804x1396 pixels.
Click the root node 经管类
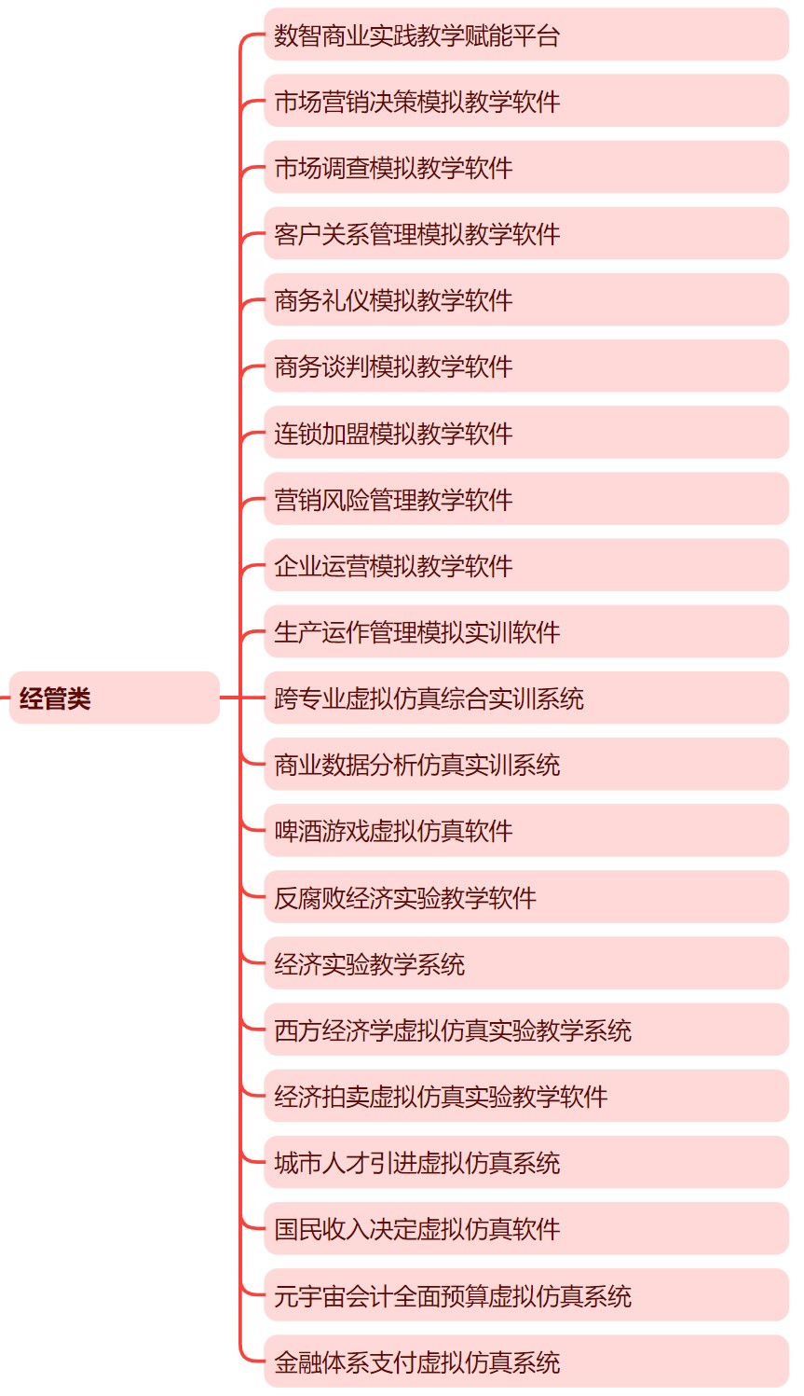115,698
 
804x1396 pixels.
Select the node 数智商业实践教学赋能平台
526,35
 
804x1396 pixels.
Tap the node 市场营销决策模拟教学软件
526,101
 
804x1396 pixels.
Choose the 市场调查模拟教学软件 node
526,167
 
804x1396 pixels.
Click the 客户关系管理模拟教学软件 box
526,233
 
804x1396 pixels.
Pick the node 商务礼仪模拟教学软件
526,299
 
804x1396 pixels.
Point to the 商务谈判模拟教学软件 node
526,366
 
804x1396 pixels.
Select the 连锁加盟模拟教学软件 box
526,433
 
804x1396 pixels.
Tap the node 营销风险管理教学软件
526,499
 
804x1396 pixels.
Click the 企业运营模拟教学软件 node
526,564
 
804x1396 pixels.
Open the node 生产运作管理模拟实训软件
526,631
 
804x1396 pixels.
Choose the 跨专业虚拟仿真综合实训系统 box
526,698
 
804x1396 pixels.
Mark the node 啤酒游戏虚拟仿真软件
526,830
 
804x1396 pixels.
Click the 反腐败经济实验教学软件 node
526,897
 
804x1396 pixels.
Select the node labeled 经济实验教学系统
526,963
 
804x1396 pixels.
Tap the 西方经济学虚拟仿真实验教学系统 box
526,1030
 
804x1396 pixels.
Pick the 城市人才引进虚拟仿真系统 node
526,1162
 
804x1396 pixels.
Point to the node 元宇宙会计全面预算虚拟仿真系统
526,1295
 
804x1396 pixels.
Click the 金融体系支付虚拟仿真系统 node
526,1361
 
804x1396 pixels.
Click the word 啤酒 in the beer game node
298,831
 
